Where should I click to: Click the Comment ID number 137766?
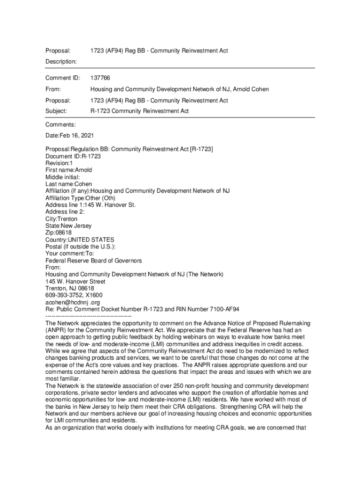pyautogui.click(x=100, y=78)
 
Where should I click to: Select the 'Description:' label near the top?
pyautogui.click(x=61, y=61)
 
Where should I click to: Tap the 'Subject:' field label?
pyautogui.click(x=56, y=111)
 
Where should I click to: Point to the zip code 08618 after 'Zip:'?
pyautogui.click(x=65, y=233)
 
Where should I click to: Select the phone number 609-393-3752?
pyautogui.click(x=63, y=296)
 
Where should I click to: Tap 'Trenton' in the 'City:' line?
pyautogui.click(x=68, y=219)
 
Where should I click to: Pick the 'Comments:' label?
pyautogui.click(x=60, y=124)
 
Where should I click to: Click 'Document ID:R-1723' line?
pyautogui.click(x=73, y=156)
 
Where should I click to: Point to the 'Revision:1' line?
pyautogui.click(x=59, y=163)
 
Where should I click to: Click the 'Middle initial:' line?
pyautogui.click(x=63, y=177)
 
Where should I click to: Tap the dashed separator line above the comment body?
pyautogui.click(x=88, y=317)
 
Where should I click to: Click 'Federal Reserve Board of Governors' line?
pyautogui.click(x=94, y=261)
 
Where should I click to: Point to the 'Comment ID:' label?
pyautogui.click(x=63, y=78)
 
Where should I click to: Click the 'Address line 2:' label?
pyautogui.click(x=65, y=212)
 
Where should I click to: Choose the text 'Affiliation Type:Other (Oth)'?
pyautogui.click(x=80, y=198)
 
